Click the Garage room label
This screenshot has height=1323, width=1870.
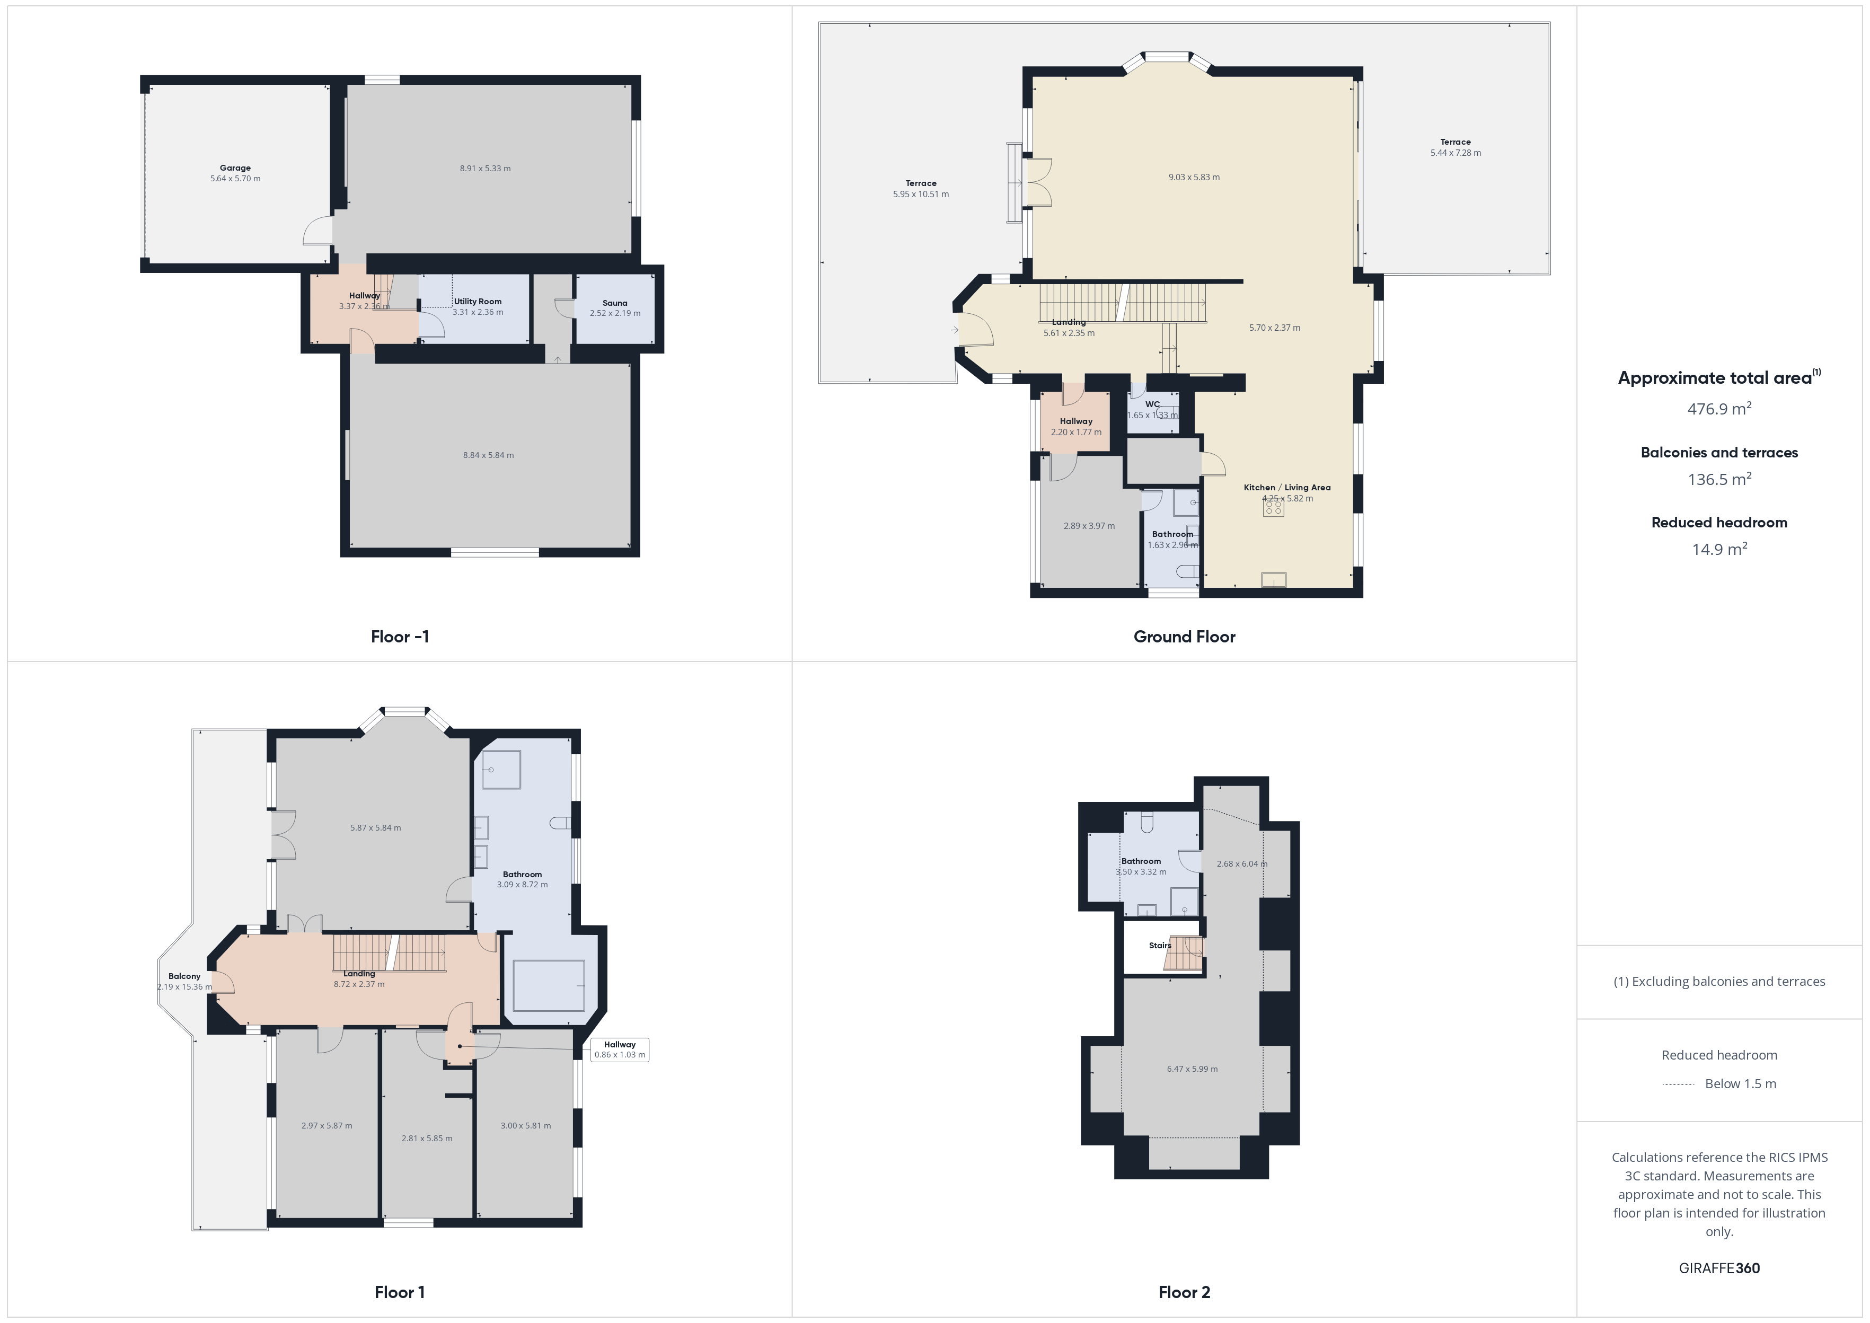tap(235, 168)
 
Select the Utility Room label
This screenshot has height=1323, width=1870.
tap(478, 302)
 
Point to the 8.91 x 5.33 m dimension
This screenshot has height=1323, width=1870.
tap(486, 169)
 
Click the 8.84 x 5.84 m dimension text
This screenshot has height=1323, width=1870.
tap(489, 455)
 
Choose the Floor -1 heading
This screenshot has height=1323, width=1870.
tap(400, 637)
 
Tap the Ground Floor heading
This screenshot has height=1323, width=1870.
tap(1184, 637)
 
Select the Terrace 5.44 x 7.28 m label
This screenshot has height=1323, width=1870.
tap(1456, 147)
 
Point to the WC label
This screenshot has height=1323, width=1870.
tap(1152, 404)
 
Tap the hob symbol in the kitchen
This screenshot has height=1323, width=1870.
tap(1274, 508)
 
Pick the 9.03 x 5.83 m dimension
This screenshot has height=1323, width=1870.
tap(1194, 178)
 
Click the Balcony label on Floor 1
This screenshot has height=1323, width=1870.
tap(184, 976)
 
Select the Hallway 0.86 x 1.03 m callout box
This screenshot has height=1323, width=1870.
tap(620, 1049)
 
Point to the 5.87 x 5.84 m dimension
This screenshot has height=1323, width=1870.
tap(375, 828)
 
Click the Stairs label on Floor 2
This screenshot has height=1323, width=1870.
tap(1160, 946)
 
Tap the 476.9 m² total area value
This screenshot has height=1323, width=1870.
tap(1719, 408)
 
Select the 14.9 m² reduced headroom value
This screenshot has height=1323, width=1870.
tap(1719, 548)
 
